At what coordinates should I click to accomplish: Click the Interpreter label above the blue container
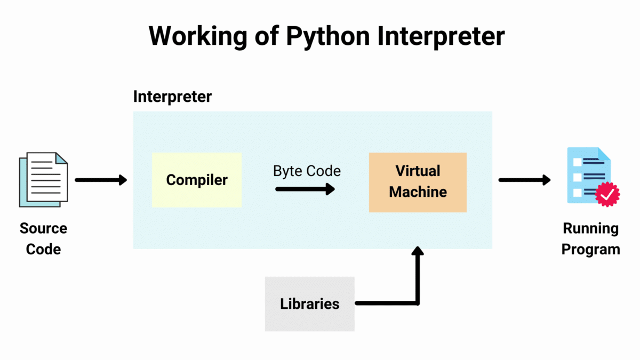172,97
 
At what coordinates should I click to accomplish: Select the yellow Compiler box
197,180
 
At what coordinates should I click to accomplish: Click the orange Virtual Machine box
418,182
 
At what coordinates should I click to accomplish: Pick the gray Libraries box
309,304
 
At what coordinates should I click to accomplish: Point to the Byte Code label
307,171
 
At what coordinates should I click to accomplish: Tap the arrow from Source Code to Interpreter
101,180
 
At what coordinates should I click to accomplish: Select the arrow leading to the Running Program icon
524,180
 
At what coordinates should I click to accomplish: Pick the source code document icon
44,179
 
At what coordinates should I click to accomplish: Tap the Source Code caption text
43,239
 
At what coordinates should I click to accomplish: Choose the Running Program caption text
590,239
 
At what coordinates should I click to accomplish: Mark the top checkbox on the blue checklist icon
577,161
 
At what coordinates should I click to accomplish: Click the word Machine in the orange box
418,192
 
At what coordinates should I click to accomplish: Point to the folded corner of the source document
62,158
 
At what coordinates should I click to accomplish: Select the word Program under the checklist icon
590,249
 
